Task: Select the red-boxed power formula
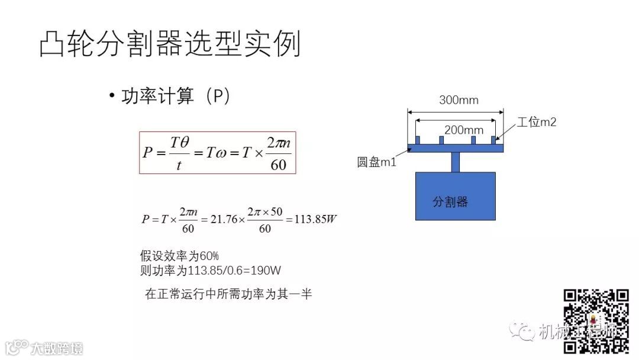[x=217, y=153]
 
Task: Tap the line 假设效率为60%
[x=179, y=256]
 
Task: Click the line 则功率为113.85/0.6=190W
[x=210, y=271]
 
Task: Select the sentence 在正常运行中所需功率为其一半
[x=228, y=294]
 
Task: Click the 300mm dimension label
[x=459, y=100]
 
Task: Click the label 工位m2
[x=537, y=123]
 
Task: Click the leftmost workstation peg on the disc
[x=418, y=140]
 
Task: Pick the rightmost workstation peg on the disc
[x=493, y=140]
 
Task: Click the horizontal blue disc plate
[x=455, y=148]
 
